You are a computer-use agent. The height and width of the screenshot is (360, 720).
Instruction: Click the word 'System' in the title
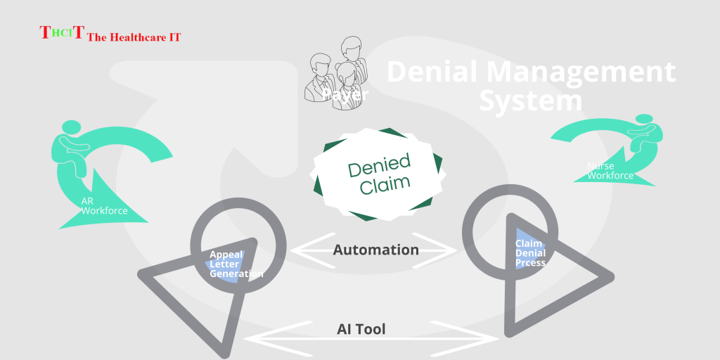530,101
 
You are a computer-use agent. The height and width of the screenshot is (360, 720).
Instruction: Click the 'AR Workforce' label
103,206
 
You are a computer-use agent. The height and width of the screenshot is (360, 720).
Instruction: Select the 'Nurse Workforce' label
609,171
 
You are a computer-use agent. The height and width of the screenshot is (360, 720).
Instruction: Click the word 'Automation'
375,250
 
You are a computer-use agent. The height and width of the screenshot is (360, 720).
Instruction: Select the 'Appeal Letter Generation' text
236,264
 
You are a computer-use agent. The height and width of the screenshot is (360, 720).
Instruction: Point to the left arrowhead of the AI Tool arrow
257,337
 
